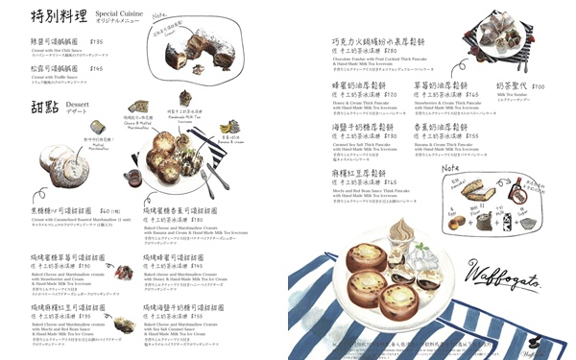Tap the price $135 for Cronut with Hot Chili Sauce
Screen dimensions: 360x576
(96, 42)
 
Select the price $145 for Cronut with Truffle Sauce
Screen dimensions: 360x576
(96, 69)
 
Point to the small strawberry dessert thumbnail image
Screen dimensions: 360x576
(123, 273)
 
